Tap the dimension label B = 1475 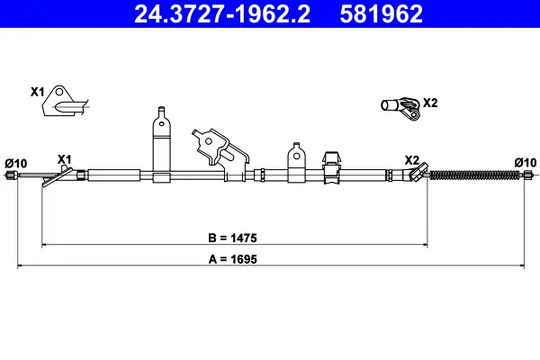[x=233, y=238]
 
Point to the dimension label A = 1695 [x=233, y=258]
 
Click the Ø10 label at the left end [x=16, y=163]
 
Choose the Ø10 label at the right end [x=526, y=162]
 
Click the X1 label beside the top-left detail [x=37, y=92]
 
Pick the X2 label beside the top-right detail [x=430, y=102]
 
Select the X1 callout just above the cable [x=65, y=159]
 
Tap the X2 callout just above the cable [x=412, y=160]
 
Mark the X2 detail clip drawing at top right [x=400, y=108]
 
